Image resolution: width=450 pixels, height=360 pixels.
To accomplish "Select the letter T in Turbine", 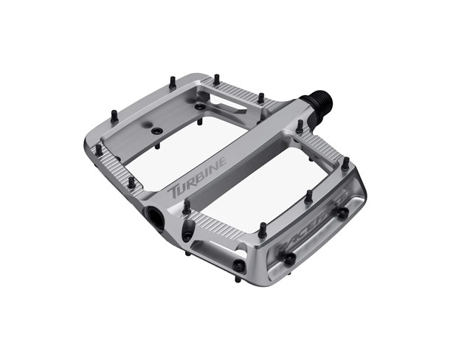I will tap(175, 192).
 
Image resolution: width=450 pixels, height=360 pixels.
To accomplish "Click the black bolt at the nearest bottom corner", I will tap(238, 266).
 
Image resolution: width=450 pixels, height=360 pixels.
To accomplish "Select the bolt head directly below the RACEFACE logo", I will tap(289, 258).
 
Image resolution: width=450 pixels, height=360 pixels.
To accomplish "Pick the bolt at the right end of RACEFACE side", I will tap(343, 213).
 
